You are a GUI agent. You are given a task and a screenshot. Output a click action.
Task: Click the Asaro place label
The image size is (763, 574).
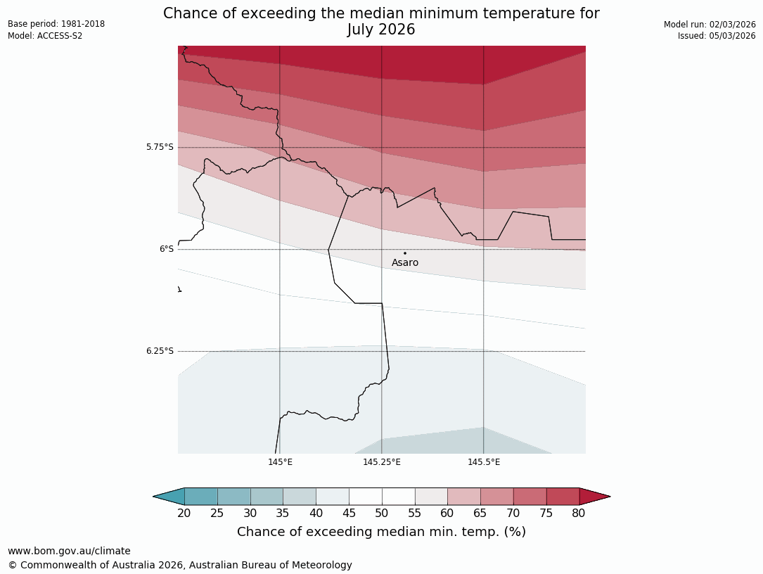click(405, 263)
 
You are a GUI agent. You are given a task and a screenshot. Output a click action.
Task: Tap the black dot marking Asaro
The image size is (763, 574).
click(405, 253)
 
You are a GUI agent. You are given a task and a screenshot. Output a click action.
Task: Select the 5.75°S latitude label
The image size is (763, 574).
click(160, 147)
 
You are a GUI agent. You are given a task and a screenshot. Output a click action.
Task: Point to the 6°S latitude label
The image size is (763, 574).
click(166, 249)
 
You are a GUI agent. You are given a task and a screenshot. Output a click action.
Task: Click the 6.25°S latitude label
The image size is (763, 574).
click(160, 351)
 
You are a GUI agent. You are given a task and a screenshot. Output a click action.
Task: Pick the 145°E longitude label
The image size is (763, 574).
click(280, 462)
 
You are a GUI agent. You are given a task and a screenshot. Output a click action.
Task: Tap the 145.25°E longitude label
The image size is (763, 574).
click(382, 462)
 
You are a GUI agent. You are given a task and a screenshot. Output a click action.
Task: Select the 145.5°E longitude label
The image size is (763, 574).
click(484, 462)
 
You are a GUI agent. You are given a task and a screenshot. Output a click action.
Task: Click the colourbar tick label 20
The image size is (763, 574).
click(184, 513)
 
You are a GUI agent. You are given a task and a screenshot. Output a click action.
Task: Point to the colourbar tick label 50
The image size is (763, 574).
click(382, 513)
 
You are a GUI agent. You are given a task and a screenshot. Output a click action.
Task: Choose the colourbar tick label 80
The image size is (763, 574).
click(579, 513)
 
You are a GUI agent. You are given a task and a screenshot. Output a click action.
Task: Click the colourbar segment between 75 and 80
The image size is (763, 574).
click(563, 496)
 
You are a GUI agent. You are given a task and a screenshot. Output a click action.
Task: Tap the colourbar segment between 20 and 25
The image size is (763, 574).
click(201, 496)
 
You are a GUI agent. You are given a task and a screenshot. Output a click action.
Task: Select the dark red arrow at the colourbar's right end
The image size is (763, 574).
click(594, 496)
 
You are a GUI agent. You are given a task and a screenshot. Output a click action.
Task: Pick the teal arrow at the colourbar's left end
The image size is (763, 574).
click(169, 496)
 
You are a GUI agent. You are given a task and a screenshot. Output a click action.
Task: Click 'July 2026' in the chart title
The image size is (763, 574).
click(381, 30)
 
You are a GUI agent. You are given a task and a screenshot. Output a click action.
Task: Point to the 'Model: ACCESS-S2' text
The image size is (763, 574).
click(45, 36)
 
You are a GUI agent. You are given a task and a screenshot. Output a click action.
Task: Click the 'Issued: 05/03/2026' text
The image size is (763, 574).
click(717, 36)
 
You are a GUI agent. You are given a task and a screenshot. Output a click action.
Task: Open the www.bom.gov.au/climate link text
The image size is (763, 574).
click(69, 551)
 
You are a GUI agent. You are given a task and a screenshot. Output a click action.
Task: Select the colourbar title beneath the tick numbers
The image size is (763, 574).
click(381, 532)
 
